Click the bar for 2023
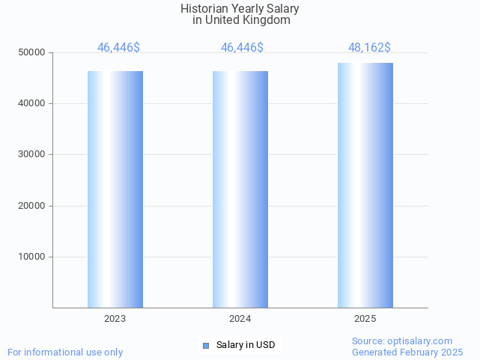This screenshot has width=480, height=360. click(x=115, y=189)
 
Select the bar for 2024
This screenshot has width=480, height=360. click(x=240, y=189)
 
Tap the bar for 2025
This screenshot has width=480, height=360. click(x=365, y=186)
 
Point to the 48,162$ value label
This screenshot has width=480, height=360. click(x=369, y=48)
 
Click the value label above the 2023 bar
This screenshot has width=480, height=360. click(x=118, y=48)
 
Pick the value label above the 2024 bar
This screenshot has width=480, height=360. click(x=242, y=48)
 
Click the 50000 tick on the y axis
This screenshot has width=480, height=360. click(x=31, y=52)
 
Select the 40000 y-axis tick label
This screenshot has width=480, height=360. click(x=31, y=103)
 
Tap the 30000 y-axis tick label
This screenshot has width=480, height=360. click(x=31, y=154)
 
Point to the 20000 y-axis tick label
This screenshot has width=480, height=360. click(x=31, y=206)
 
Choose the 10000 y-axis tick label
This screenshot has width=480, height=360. click(x=31, y=257)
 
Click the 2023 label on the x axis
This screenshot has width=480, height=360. click(x=115, y=319)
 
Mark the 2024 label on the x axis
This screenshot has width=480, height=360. click(x=240, y=319)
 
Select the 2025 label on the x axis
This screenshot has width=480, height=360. click(x=365, y=319)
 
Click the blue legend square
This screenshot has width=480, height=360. click(x=206, y=345)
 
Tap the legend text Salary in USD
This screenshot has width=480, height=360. click(x=246, y=345)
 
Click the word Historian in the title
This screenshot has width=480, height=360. click(x=204, y=9)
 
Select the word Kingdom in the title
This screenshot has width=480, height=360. click(x=265, y=20)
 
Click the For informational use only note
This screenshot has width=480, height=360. click(x=65, y=352)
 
